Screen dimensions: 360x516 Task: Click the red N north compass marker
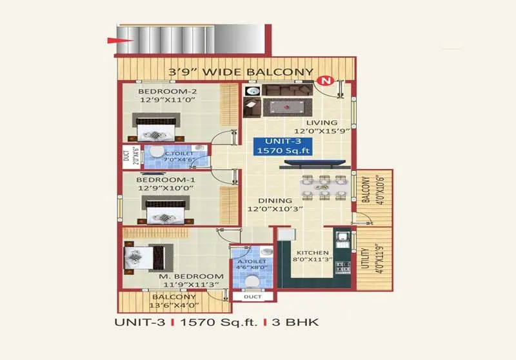pos(326,81)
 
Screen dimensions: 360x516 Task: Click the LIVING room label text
pos(321,123)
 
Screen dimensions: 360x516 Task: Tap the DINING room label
pos(265,201)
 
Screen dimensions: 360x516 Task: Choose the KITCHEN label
pos(312,253)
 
